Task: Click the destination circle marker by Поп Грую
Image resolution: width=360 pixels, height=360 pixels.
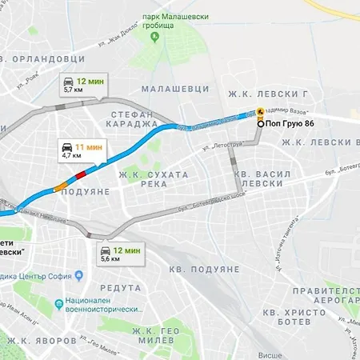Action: [x=260, y=123]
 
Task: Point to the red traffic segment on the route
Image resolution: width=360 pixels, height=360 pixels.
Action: [x=80, y=174]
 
